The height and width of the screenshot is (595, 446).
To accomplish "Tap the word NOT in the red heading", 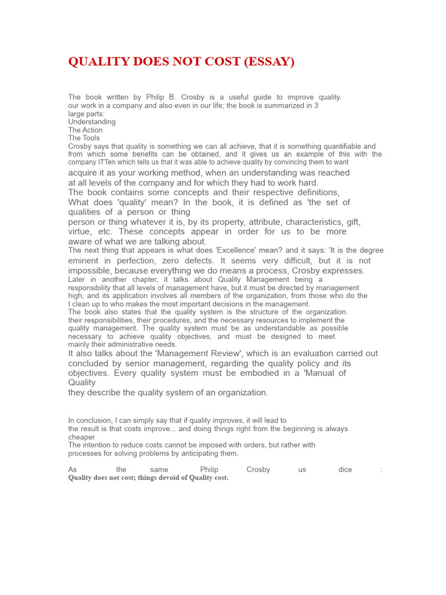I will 186,62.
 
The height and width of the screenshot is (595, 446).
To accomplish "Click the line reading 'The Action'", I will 85,130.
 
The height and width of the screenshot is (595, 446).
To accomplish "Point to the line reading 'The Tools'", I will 84,138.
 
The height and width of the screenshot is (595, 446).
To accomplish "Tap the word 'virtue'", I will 80,231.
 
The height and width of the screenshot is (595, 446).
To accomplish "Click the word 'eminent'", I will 87,261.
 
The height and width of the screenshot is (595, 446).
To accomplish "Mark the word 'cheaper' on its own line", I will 81,437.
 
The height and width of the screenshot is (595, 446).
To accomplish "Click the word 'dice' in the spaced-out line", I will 345,469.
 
